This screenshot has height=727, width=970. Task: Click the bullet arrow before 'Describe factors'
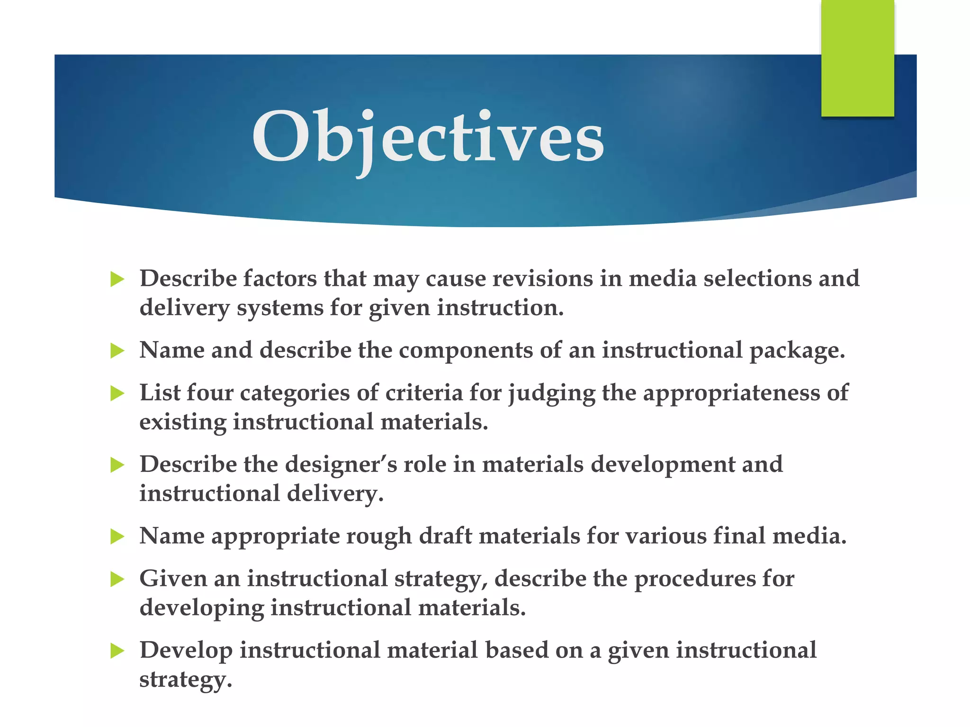[117, 279]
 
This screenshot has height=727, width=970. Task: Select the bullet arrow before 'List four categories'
[117, 393]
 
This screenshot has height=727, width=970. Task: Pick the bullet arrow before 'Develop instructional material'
[117, 651]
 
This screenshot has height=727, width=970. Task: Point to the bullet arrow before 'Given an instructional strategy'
[117, 579]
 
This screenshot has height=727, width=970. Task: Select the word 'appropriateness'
[731, 393]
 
